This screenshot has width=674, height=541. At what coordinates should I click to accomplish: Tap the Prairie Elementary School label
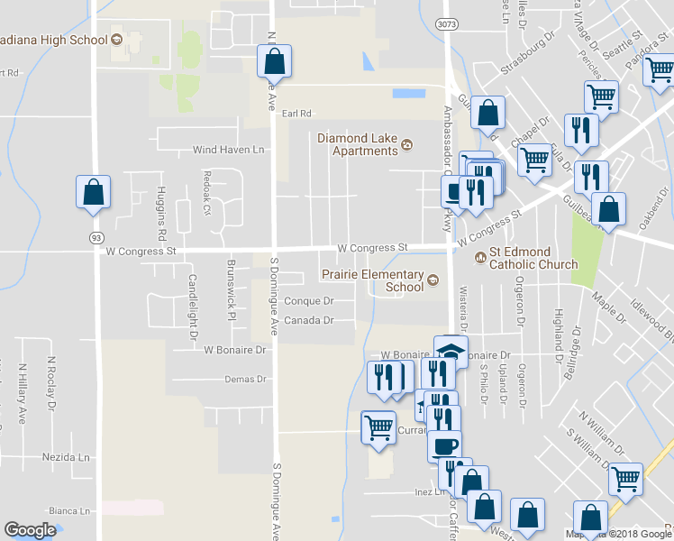coord(378,280)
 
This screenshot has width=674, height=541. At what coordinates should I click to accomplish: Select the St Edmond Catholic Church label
coord(533,259)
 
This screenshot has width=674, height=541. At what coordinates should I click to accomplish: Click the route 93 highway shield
coord(95,236)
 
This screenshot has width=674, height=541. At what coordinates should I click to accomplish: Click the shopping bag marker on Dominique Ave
coord(274,62)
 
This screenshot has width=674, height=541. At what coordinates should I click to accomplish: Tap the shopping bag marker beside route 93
coord(93,192)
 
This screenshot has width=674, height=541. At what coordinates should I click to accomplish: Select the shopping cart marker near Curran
coord(378,427)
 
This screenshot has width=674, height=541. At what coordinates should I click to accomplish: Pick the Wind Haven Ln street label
coord(229,150)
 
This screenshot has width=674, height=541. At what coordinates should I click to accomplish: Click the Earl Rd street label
coord(296,114)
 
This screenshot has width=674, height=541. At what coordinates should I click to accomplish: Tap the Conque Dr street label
coord(309,301)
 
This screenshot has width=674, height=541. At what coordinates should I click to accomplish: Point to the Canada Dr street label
coord(309,320)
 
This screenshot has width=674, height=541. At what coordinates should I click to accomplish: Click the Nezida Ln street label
coord(67,457)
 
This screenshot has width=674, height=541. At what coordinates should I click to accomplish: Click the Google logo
coord(30,530)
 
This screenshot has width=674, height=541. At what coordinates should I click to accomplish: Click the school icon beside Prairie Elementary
coord(433,280)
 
